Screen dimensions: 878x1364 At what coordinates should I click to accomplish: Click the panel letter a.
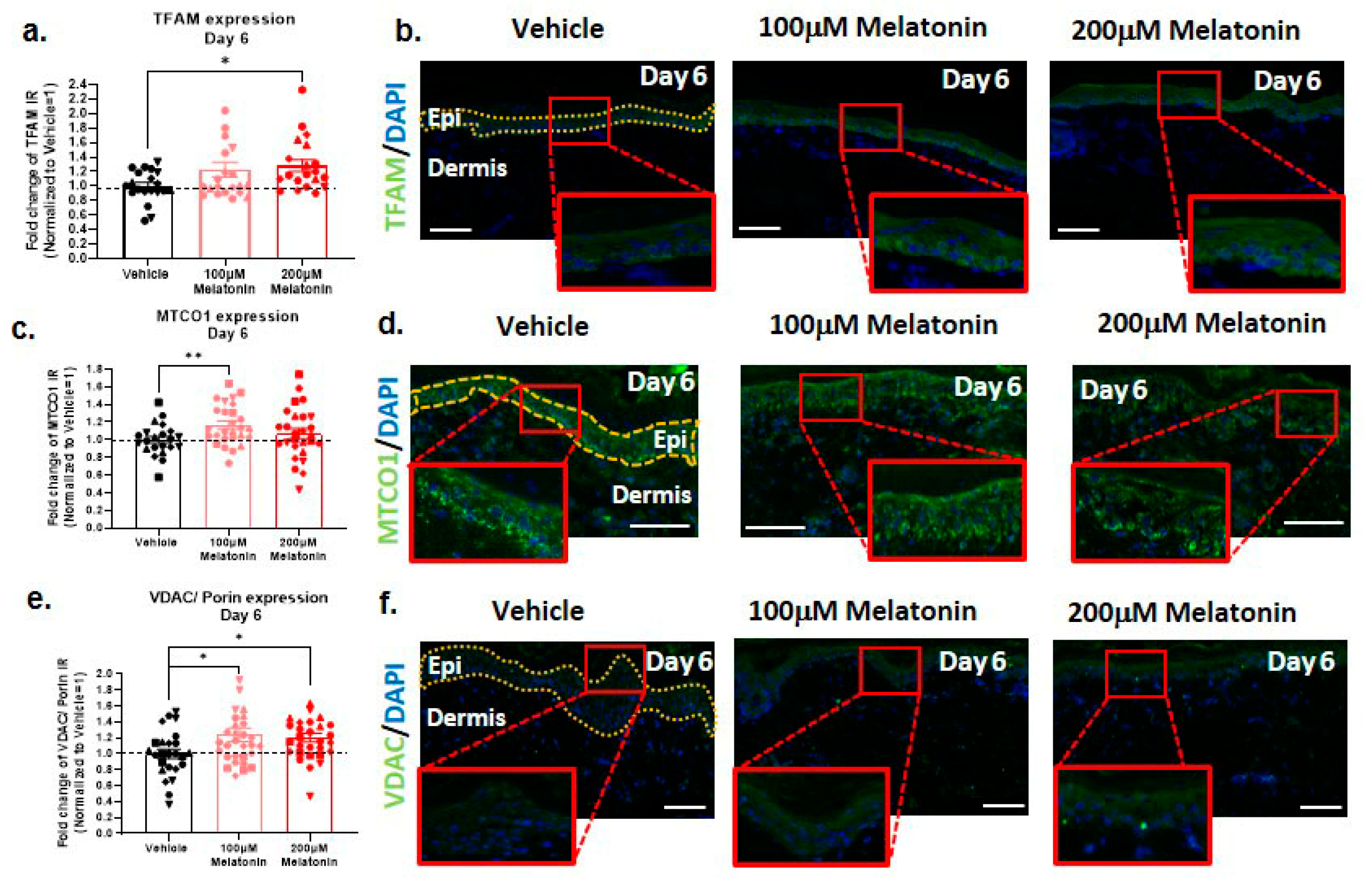pos(34,31)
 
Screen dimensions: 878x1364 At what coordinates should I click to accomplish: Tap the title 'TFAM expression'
pos(224,19)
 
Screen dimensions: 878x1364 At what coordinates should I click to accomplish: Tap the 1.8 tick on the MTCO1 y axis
pos(95,370)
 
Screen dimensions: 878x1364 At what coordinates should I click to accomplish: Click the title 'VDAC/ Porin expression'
pos(238,598)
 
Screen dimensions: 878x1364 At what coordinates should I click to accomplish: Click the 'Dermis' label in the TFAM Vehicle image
pos(467,168)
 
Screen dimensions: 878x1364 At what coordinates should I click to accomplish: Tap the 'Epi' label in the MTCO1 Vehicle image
pos(670,440)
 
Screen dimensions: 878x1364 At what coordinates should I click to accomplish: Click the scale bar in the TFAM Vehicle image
pos(451,230)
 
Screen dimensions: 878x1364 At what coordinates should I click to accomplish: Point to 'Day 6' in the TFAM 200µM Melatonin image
pos(1287,81)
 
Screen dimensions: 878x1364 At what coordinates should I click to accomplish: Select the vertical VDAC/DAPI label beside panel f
pos(395,736)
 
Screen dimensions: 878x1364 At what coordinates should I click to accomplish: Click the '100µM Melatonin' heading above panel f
pos(862,611)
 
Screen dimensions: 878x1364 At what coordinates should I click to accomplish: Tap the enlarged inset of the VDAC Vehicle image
pos(496,815)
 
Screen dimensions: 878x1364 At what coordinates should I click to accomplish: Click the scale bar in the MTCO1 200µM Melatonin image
pos(1313,522)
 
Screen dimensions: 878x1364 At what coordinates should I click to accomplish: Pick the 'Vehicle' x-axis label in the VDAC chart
pos(166,848)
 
